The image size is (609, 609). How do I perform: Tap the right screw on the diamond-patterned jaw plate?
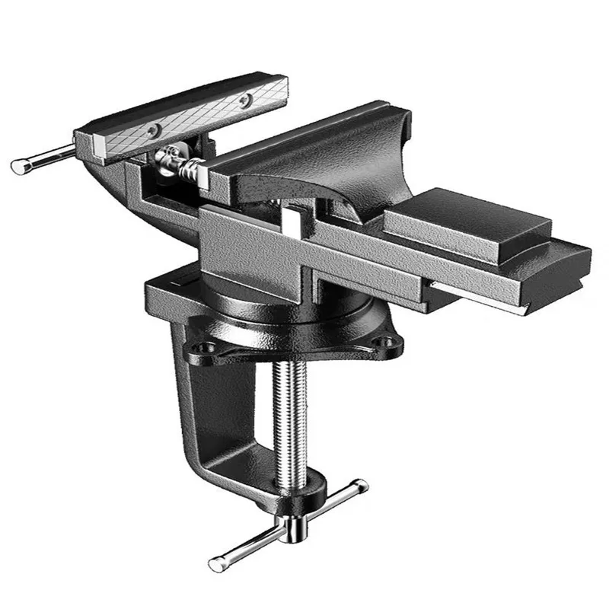[x=244, y=100]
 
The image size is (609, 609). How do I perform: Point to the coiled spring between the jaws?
[x=187, y=163]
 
